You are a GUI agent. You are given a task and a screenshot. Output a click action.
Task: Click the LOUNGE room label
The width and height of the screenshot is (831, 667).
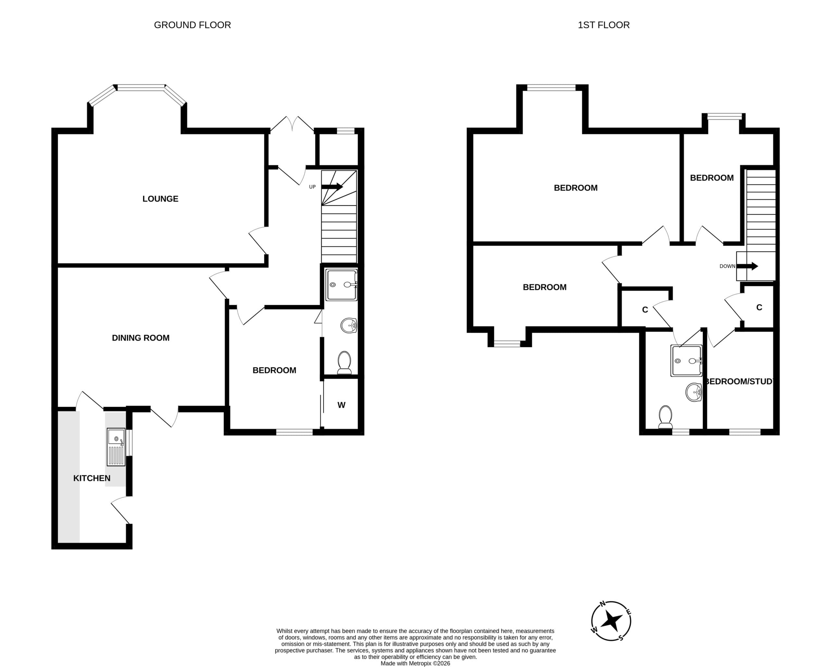[160, 199]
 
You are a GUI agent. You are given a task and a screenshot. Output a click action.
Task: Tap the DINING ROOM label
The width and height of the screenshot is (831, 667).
[141, 338]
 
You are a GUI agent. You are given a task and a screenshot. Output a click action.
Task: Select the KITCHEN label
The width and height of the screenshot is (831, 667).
[92, 478]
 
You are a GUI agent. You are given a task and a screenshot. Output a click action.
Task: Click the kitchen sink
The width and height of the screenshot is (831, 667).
[116, 447]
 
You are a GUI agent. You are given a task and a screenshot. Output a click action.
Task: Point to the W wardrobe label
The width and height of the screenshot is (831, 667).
[341, 405]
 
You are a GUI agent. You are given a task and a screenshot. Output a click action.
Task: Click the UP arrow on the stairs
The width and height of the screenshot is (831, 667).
[332, 187]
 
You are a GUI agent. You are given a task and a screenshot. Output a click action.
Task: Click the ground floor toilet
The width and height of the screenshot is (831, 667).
[344, 363]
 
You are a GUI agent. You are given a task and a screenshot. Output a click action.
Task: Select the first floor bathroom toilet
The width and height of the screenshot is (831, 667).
[666, 417]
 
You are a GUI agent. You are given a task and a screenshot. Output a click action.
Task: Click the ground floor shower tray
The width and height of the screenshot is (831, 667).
[341, 285]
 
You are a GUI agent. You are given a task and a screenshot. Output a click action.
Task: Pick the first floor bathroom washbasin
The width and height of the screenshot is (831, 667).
[694, 392]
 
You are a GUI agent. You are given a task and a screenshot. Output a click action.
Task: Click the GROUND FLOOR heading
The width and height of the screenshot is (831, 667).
[192, 25]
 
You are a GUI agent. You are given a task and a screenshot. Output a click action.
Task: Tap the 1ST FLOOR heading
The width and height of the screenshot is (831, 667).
[603, 25]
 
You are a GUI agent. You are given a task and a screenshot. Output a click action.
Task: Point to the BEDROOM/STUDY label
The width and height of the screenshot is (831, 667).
[739, 381]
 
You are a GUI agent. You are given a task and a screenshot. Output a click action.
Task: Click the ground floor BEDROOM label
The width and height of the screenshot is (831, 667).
[274, 370]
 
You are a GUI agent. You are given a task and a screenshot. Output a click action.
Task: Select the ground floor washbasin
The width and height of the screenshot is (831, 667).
[349, 326]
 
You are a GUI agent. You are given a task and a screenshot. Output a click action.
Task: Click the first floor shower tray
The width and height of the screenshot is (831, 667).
[687, 361]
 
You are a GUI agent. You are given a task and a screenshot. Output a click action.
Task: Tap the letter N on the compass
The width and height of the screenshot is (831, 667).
[602, 603]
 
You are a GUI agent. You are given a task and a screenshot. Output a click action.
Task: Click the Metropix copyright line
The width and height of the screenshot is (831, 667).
[415, 663]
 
